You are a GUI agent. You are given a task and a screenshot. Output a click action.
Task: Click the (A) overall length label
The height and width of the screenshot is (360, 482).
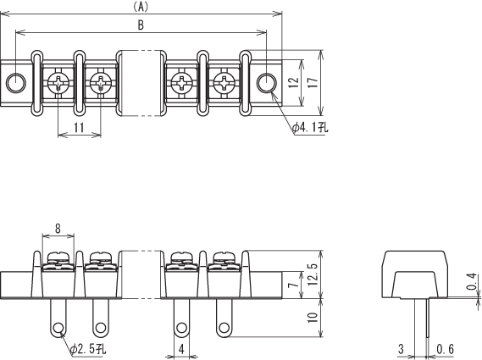[x=141, y=7]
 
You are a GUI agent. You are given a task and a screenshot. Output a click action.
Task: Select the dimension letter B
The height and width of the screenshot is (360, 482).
[x=141, y=25]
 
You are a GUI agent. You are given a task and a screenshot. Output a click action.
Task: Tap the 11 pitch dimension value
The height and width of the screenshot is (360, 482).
[x=79, y=127]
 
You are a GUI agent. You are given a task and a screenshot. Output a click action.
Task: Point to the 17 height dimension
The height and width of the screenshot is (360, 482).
[x=313, y=82]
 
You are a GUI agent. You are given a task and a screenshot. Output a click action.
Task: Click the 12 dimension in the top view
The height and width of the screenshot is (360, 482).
[x=294, y=82]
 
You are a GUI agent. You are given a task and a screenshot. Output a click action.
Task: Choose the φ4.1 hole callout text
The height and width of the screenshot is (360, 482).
[x=310, y=127]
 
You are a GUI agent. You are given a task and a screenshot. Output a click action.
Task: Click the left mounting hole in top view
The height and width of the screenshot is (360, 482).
[x=16, y=83]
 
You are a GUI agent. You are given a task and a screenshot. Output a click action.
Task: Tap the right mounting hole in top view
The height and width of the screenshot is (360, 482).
[x=267, y=83]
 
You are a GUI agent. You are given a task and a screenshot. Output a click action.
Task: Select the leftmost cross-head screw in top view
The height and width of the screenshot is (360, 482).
[x=58, y=83]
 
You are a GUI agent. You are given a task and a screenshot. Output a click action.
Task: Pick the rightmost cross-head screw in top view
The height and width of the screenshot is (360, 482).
[x=224, y=83]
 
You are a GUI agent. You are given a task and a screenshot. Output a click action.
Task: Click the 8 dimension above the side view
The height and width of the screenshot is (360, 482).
[x=58, y=229]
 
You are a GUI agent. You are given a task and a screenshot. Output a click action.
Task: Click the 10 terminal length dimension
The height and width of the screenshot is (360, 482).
[x=313, y=318]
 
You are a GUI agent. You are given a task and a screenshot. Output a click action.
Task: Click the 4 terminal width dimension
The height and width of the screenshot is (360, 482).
[x=181, y=349]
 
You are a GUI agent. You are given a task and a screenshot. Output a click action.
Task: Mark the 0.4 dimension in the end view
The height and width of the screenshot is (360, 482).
[x=472, y=281]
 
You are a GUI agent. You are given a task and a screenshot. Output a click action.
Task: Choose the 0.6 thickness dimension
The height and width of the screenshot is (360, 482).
[x=445, y=349]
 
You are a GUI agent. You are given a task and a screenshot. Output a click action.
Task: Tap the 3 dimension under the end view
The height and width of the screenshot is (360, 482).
[x=401, y=349]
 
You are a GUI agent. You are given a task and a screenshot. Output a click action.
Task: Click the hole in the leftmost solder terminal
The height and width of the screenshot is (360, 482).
[x=58, y=328]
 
